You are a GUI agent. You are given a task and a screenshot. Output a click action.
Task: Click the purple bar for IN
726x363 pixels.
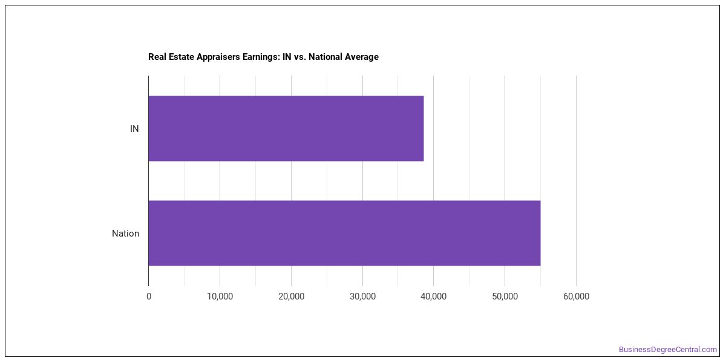tap(286, 128)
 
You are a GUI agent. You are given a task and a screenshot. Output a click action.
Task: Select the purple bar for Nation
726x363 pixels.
tap(344, 233)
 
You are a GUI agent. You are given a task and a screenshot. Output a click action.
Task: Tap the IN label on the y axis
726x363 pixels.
tap(134, 129)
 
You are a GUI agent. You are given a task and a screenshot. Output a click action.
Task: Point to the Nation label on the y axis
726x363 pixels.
tap(125, 234)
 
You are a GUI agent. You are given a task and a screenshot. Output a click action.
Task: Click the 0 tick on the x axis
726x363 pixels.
tap(149, 296)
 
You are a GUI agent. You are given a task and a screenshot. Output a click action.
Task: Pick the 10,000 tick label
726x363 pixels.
tap(220, 296)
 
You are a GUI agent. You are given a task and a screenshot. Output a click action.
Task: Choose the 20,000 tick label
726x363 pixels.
tap(292, 296)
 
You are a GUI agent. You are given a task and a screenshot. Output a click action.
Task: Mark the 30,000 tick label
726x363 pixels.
tap(362, 296)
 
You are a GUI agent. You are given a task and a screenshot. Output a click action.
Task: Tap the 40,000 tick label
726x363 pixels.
tap(433, 296)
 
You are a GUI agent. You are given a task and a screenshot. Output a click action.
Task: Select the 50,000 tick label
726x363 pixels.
tap(505, 296)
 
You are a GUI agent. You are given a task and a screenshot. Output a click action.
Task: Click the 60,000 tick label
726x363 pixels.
tap(576, 296)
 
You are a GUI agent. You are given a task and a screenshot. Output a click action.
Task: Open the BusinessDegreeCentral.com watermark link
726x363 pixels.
tap(668, 350)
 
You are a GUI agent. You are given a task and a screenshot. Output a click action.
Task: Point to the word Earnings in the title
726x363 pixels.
tap(261, 57)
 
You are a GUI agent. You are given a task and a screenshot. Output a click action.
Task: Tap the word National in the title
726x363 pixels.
tap(325, 57)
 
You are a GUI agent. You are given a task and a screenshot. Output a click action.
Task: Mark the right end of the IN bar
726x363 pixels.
tap(423, 128)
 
